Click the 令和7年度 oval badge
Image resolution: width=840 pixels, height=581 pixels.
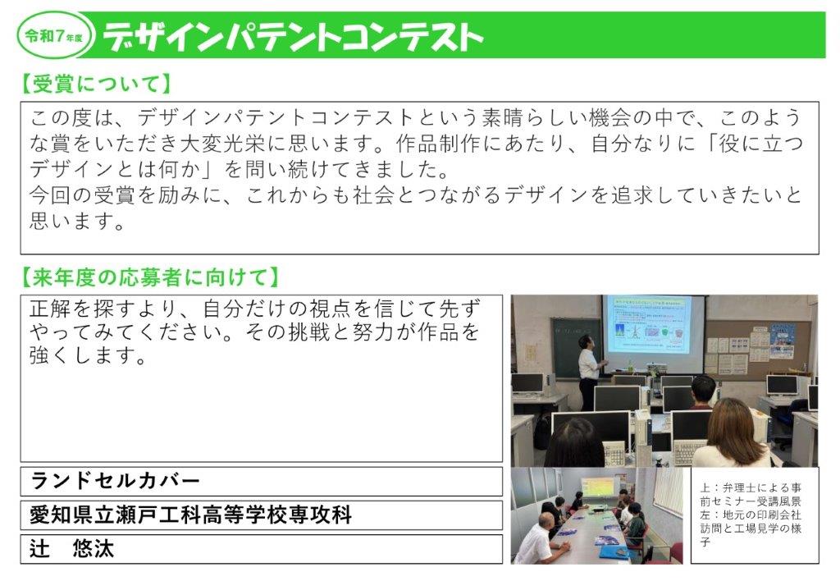pyautogui.click(x=56, y=36)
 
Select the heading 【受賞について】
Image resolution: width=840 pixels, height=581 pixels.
pyautogui.click(x=95, y=84)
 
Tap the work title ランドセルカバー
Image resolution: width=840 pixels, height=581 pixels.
pyautogui.click(x=115, y=480)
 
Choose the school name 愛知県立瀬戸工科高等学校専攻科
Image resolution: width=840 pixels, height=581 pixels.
pyautogui.click(x=190, y=515)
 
